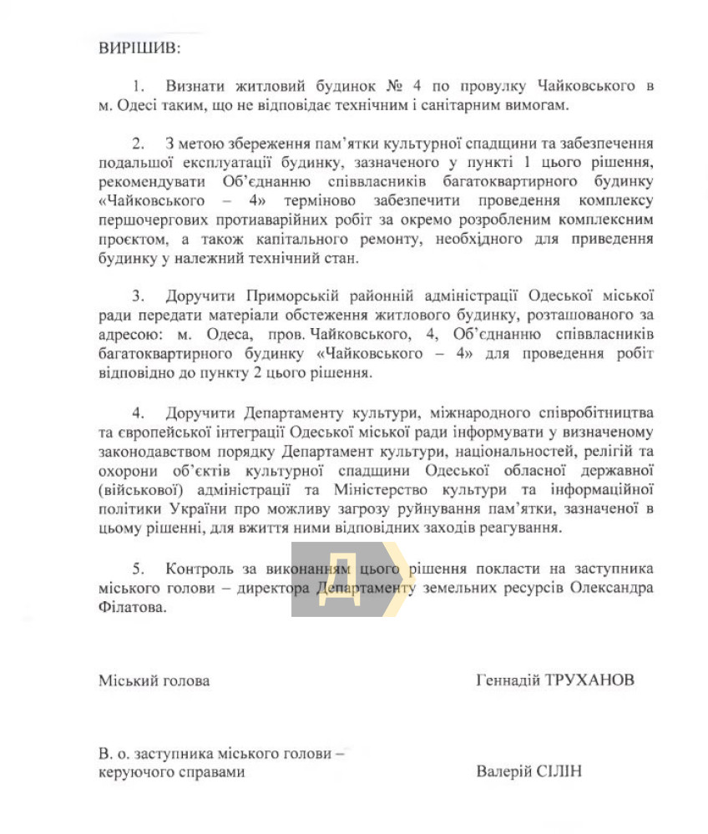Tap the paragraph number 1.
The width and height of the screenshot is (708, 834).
(138, 86)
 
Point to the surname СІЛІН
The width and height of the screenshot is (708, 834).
(558, 771)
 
